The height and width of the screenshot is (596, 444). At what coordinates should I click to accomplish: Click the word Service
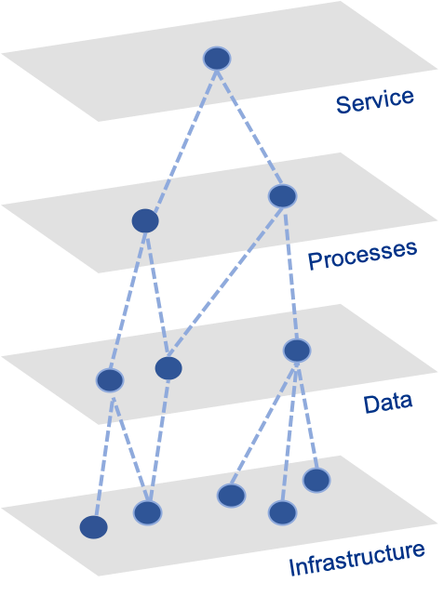375,101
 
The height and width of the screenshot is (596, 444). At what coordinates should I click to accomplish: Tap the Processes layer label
362,255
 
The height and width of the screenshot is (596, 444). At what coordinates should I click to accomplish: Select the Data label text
388,404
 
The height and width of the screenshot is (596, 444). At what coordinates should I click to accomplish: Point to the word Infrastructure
357,559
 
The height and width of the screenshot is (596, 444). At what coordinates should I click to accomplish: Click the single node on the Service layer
217,59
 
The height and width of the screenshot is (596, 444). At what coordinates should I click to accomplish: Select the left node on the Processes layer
145,221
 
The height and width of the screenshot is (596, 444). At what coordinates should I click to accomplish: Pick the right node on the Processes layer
282,196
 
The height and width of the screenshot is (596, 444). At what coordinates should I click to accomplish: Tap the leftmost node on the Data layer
110,380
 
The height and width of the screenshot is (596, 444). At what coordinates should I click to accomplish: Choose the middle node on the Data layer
168,368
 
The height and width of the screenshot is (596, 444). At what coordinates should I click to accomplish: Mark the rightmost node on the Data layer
297,351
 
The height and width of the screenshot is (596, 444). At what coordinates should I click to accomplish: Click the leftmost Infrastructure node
94,527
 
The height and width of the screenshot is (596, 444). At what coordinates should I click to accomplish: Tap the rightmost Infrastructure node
316,480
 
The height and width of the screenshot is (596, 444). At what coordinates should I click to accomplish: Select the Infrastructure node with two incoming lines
148,512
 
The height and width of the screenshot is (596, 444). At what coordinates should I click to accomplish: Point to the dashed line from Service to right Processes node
249,127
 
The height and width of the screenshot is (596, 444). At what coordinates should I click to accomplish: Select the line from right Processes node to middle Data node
225,282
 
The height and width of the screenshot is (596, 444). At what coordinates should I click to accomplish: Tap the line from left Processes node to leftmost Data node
128,301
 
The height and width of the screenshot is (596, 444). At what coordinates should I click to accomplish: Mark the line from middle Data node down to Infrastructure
159,440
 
